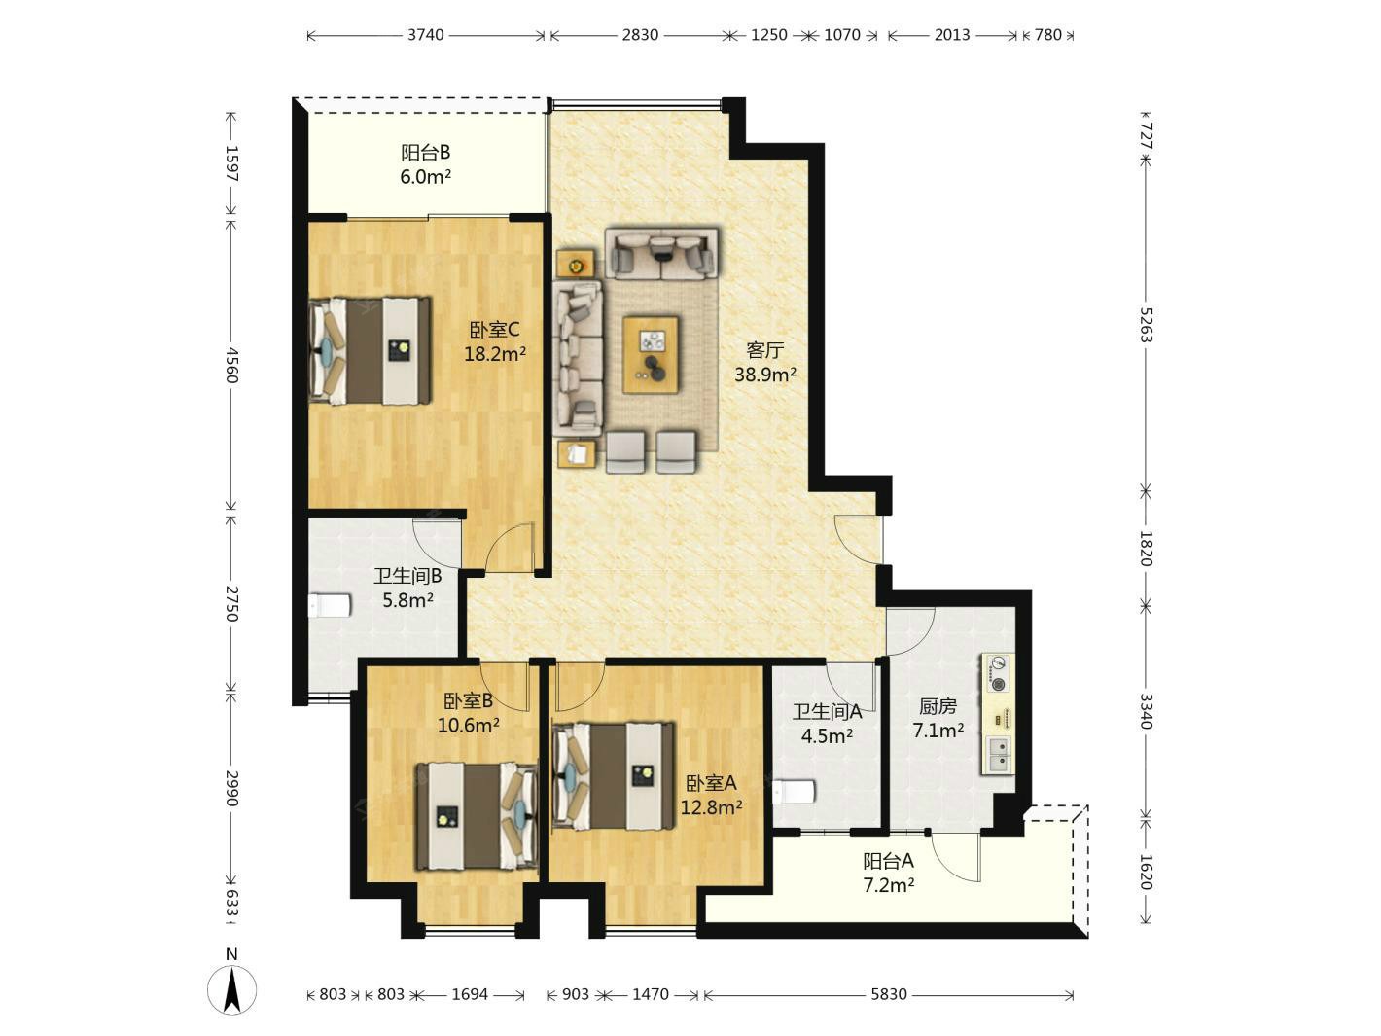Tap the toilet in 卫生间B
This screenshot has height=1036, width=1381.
point(330,605)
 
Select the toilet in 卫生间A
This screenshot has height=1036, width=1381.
point(794,792)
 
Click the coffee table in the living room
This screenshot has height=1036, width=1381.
point(651,355)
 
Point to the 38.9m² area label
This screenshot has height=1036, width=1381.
point(765,375)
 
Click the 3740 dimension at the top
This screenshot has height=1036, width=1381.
point(426,35)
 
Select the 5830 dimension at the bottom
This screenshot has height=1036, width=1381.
point(888,994)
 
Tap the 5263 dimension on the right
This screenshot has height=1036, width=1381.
point(1146,325)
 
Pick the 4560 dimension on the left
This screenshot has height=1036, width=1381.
point(231,365)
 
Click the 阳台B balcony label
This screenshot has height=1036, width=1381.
point(425,153)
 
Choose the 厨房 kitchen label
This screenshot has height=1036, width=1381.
point(938,706)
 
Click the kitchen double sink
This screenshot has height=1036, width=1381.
point(999,754)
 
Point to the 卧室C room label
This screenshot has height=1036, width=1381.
point(494,330)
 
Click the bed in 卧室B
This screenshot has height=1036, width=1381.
point(477,816)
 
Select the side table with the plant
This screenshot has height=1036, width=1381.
point(575,263)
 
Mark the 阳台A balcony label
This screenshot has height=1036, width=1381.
point(888,861)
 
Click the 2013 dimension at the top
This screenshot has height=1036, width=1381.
point(952,35)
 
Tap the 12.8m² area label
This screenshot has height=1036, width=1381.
point(711,807)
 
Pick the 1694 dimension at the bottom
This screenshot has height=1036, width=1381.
point(470,994)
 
